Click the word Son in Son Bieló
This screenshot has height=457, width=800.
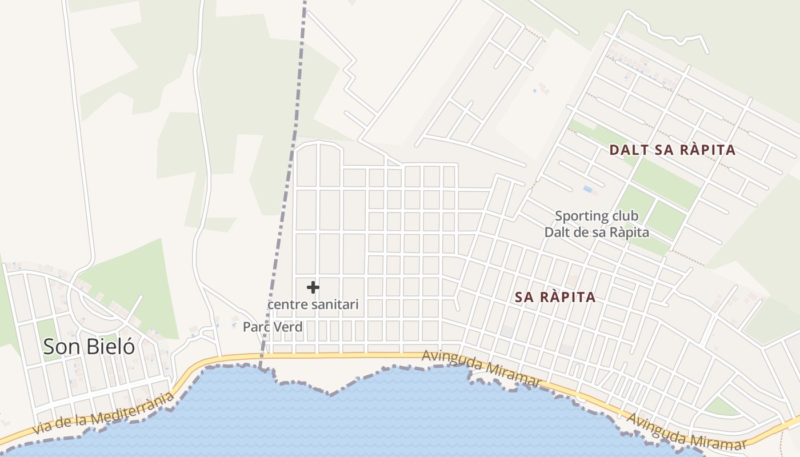(61, 347)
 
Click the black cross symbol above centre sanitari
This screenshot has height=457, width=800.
(313, 287)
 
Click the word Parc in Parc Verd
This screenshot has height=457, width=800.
(255, 327)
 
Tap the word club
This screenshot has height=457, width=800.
(625, 217)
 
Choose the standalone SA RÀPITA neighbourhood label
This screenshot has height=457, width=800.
(555, 297)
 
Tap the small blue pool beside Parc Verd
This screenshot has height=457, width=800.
(234, 325)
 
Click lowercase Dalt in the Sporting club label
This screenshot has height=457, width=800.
(555, 232)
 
